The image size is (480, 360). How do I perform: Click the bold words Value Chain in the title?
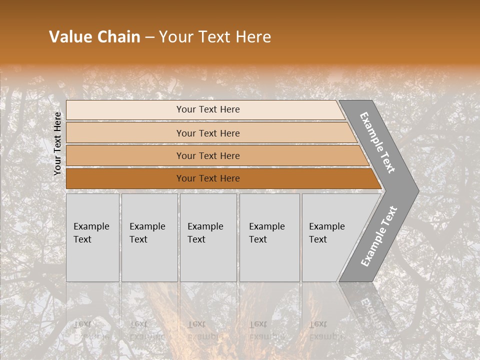[x=94, y=37]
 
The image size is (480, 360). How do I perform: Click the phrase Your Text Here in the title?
[x=215, y=37]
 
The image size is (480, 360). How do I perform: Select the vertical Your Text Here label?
[x=58, y=143]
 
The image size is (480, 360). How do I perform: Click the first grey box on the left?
[x=92, y=260]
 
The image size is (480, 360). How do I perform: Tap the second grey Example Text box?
[x=149, y=260]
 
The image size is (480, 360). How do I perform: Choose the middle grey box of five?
[x=208, y=260]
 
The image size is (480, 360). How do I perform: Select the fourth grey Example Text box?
[x=269, y=260]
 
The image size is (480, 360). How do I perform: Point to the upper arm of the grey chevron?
[x=377, y=142]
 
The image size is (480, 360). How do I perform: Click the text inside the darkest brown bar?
[x=208, y=178]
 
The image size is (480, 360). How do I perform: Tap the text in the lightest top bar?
[x=208, y=109]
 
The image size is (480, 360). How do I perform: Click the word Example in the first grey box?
[x=91, y=226]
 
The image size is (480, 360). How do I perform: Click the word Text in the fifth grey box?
[x=318, y=239]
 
